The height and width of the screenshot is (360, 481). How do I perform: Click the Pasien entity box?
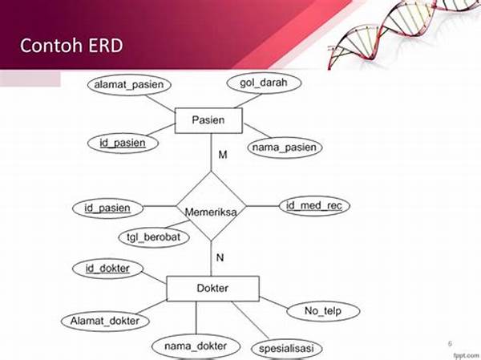(x=208, y=120)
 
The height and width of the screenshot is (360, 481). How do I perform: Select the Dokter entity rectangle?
(x=212, y=288)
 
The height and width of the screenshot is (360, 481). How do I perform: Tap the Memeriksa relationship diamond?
(x=211, y=206)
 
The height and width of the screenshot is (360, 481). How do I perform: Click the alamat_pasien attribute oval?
(x=129, y=85)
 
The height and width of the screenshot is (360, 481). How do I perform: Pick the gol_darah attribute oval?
(x=264, y=83)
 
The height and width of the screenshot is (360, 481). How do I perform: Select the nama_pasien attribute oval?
(x=285, y=148)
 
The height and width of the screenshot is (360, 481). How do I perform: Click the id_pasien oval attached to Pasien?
(x=123, y=143)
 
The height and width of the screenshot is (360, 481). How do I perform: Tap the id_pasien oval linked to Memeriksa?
(x=107, y=208)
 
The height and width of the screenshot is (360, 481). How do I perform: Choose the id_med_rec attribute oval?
(x=314, y=205)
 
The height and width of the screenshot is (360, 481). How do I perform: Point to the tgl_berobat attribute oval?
(x=154, y=237)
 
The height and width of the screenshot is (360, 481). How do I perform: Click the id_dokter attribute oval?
(x=107, y=269)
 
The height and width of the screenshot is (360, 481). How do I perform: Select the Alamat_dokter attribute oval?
(x=105, y=321)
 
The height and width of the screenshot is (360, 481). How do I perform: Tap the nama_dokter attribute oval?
(x=196, y=346)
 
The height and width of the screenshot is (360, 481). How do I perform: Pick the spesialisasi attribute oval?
(x=286, y=349)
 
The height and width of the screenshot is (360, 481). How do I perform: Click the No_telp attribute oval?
(x=323, y=311)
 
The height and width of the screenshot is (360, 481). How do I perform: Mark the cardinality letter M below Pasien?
(x=223, y=155)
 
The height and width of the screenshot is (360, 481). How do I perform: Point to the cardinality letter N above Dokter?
(x=220, y=257)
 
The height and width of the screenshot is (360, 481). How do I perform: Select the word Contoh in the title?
(x=51, y=45)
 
